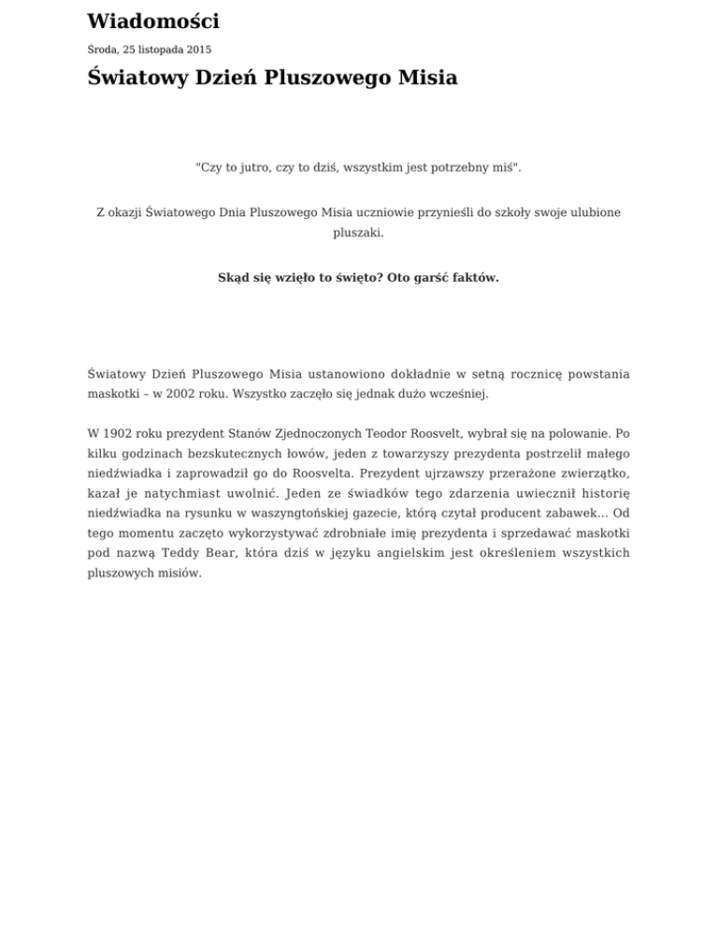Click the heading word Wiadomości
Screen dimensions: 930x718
[152, 22]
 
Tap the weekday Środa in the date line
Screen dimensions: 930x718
[104, 50]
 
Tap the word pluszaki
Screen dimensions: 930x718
[358, 235]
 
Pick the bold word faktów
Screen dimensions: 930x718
[475, 278]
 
